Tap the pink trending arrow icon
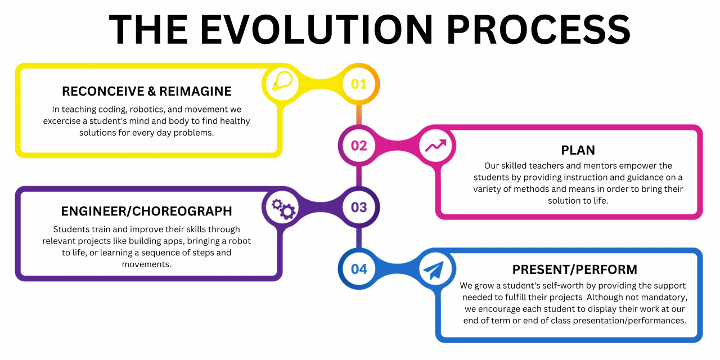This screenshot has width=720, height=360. [436, 146]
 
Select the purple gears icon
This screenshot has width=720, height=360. [283, 208]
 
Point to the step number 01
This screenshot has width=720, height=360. [359, 84]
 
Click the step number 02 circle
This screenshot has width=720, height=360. [359, 146]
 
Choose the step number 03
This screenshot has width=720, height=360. [359, 207]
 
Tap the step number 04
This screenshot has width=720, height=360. [359, 269]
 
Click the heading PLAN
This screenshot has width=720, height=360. [578, 150]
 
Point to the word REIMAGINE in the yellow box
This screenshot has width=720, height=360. [195, 91]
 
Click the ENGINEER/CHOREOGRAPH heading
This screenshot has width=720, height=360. [146, 211]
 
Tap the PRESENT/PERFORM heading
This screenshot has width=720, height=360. [574, 269]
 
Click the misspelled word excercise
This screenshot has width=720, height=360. [65, 121]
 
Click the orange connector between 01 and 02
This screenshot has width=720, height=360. [358, 115]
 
